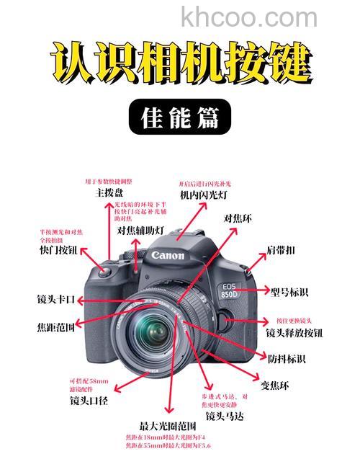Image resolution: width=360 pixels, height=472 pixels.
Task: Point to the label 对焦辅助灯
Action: [x=141, y=231]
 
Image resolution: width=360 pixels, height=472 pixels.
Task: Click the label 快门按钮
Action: [x=58, y=250]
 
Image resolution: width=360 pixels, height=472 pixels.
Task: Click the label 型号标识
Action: [x=290, y=292]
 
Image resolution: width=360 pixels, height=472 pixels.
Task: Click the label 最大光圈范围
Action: [x=169, y=425]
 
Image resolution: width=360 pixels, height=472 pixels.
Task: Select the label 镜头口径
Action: [x=89, y=400]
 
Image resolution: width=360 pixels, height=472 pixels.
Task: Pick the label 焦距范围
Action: [x=56, y=326]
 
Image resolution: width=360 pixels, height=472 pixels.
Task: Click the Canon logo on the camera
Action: [x=168, y=255]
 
